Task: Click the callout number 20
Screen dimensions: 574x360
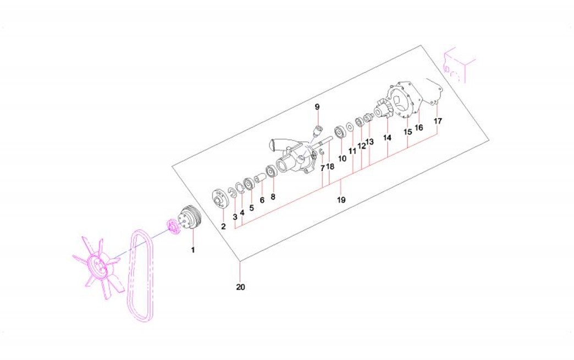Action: (240, 287)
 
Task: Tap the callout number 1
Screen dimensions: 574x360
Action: (193, 250)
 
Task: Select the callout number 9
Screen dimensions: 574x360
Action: (317, 107)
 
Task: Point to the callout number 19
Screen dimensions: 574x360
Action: (341, 200)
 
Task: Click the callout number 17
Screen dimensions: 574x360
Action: (438, 121)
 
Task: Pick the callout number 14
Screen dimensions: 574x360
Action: (387, 137)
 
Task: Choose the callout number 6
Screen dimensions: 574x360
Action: (262, 200)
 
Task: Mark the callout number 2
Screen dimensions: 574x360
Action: (223, 226)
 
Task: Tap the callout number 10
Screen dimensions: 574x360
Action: (342, 158)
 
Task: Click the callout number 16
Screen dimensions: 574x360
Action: (419, 128)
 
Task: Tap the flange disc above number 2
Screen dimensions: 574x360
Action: (219, 198)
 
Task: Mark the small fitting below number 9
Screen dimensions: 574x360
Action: (318, 129)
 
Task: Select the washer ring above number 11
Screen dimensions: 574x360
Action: (350, 126)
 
